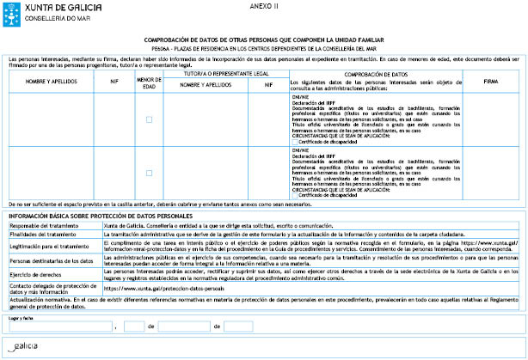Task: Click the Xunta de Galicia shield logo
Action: pos(9,10)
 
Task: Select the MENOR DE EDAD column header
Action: pos(150,82)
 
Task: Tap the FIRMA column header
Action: pos(490,82)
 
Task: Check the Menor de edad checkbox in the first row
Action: pos(150,119)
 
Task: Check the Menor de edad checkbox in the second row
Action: pos(150,173)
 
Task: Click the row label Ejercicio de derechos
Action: pos(36,272)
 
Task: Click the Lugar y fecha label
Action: pos(21,317)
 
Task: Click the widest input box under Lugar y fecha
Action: pos(59,326)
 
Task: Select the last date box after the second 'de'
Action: pos(238,326)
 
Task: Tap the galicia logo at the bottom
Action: pos(24,347)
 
